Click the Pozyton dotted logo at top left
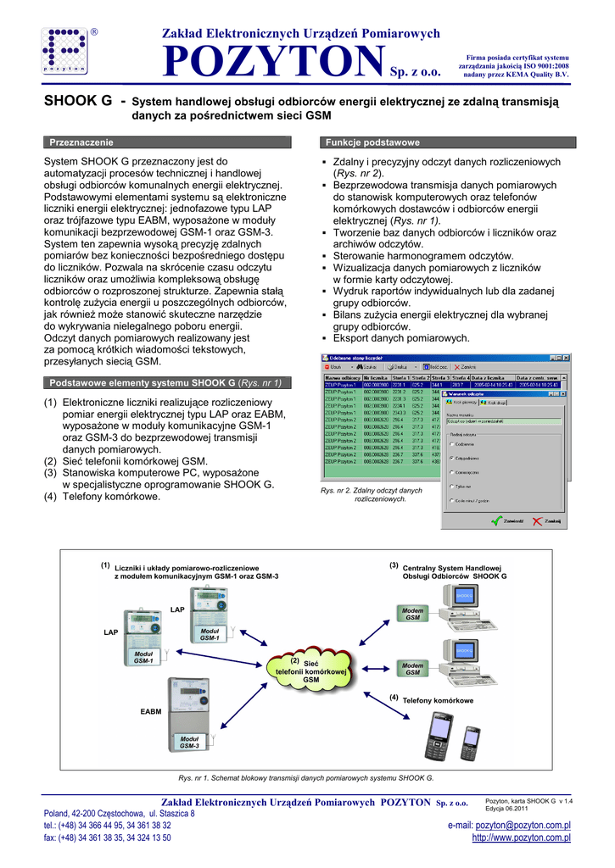64,52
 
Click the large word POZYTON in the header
271,60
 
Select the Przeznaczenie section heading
81,142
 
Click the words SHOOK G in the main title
78,102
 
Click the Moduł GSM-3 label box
189,743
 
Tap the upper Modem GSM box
412,615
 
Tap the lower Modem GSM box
412,669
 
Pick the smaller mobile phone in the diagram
470,743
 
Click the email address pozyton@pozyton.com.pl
523,825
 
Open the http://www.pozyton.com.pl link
521,837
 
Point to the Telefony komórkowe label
437,701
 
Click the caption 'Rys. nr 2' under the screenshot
371,494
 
